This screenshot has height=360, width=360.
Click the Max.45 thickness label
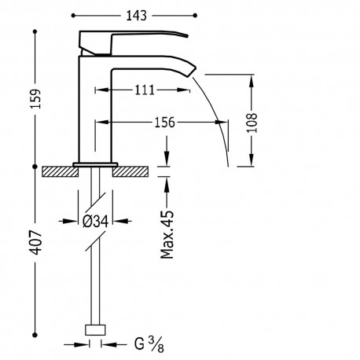(167, 234)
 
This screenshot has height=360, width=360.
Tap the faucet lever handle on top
(134, 39)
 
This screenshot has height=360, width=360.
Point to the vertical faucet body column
(95, 110)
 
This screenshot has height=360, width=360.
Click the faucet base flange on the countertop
(95, 163)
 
